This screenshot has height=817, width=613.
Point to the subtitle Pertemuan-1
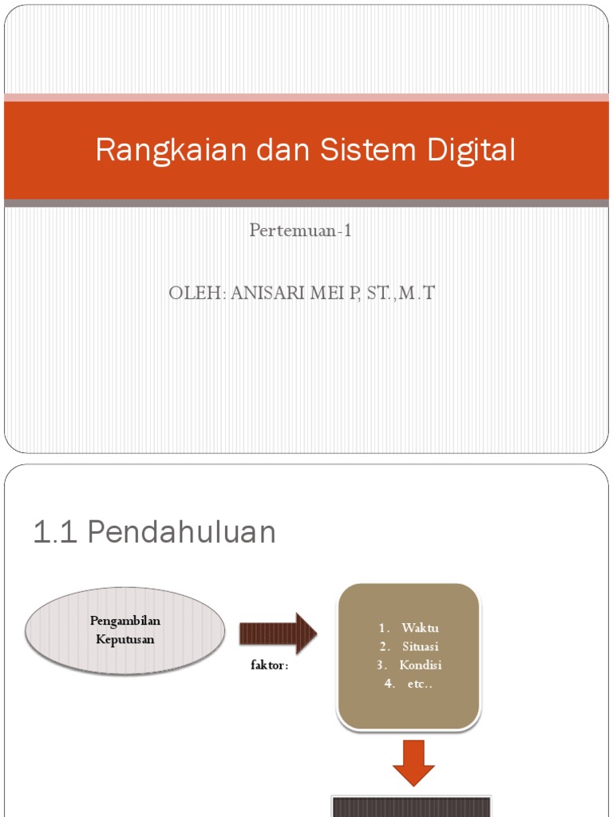click(x=301, y=231)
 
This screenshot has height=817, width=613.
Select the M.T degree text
click(x=416, y=294)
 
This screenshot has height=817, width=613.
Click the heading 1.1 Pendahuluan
click(x=154, y=532)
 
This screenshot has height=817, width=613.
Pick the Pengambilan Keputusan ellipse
click(x=125, y=630)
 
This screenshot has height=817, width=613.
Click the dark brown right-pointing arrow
click(x=278, y=633)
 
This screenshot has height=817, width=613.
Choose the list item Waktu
click(x=421, y=628)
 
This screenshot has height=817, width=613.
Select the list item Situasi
click(x=421, y=646)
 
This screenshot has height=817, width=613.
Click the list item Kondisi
click(x=421, y=665)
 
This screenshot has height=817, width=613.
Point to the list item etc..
click(x=414, y=683)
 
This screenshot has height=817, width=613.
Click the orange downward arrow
click(x=413, y=762)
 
